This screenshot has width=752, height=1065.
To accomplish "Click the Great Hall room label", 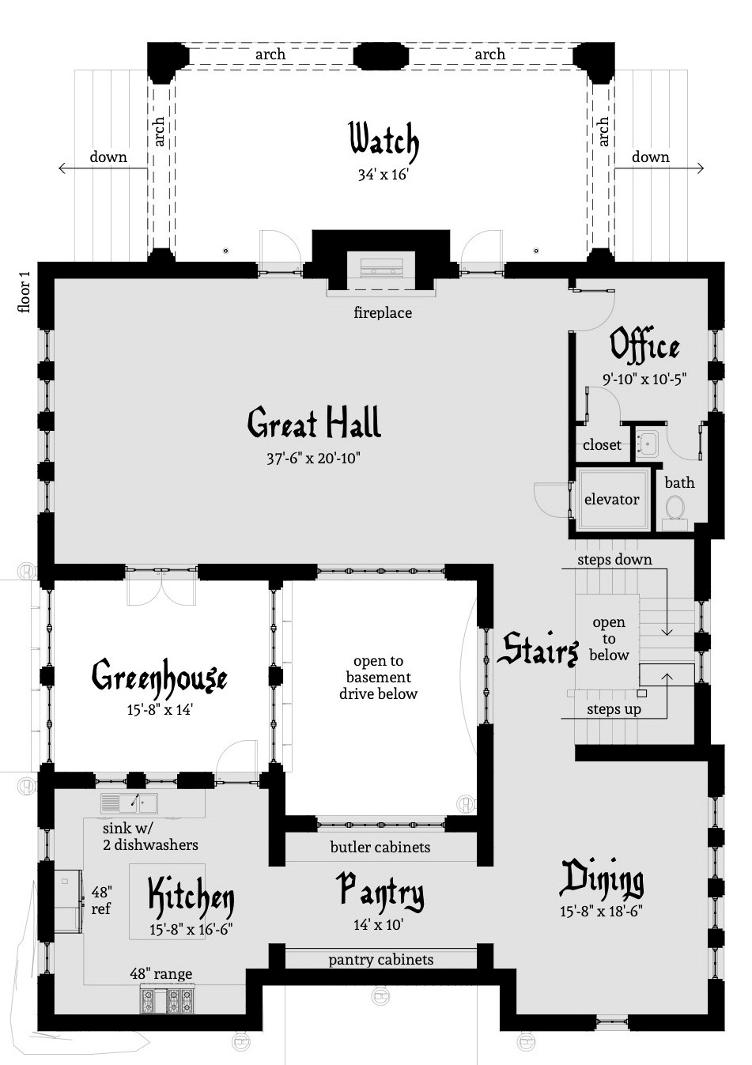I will (314, 423).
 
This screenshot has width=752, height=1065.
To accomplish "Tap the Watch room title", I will (384, 142).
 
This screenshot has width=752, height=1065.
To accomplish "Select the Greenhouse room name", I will (160, 678).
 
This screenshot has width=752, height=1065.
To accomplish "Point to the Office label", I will (644, 346).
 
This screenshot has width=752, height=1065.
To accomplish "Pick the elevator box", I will (611, 500).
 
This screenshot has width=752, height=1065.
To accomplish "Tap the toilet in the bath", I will (675, 507).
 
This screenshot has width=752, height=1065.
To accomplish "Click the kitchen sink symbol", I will (129, 803).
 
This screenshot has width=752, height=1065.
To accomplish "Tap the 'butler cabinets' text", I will (380, 847).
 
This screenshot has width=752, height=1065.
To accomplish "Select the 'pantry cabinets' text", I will (380, 959).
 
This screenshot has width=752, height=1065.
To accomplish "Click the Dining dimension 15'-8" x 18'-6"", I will (601, 911).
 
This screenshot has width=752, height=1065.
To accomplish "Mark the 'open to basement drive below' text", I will (378, 678).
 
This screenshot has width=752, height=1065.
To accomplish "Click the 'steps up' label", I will (614, 709).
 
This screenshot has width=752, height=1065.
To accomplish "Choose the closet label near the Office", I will (602, 445).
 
